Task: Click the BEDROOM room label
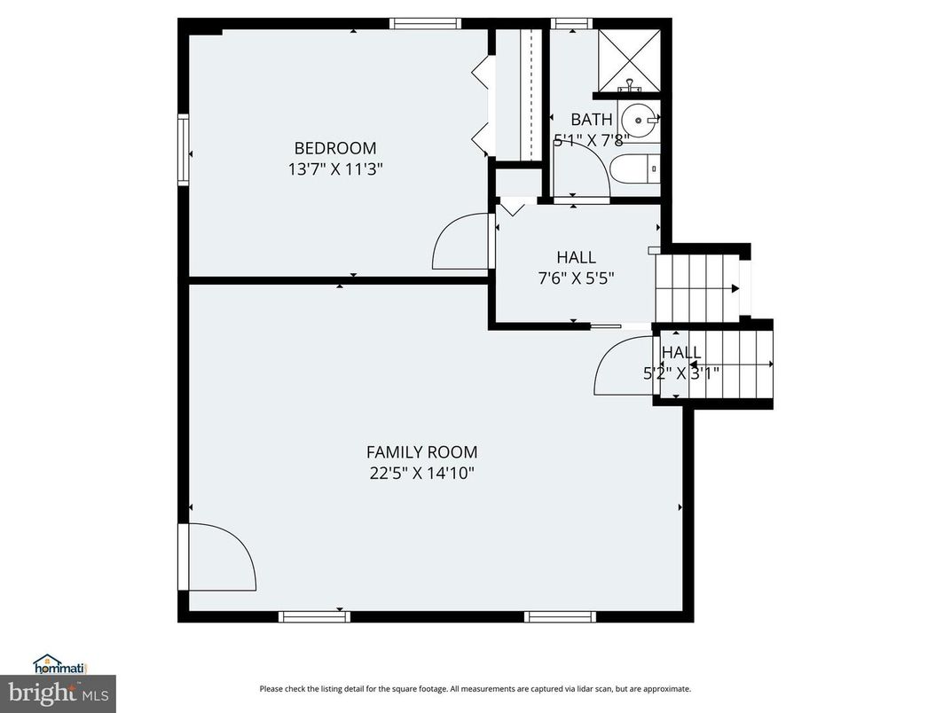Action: click(335, 148)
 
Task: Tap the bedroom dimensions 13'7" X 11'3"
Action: click(335, 168)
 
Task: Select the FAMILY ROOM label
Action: click(421, 451)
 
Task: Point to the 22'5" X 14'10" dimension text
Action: click(421, 473)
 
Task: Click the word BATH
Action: click(591, 119)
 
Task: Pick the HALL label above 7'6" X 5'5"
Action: click(576, 257)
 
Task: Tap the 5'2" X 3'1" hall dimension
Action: click(681, 372)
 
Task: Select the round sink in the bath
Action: click(639, 118)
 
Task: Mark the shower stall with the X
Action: click(629, 59)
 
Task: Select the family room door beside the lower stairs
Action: click(625, 366)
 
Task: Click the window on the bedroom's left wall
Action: click(183, 149)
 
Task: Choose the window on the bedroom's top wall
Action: click(426, 24)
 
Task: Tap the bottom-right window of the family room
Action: click(559, 616)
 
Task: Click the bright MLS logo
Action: click(58, 692)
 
